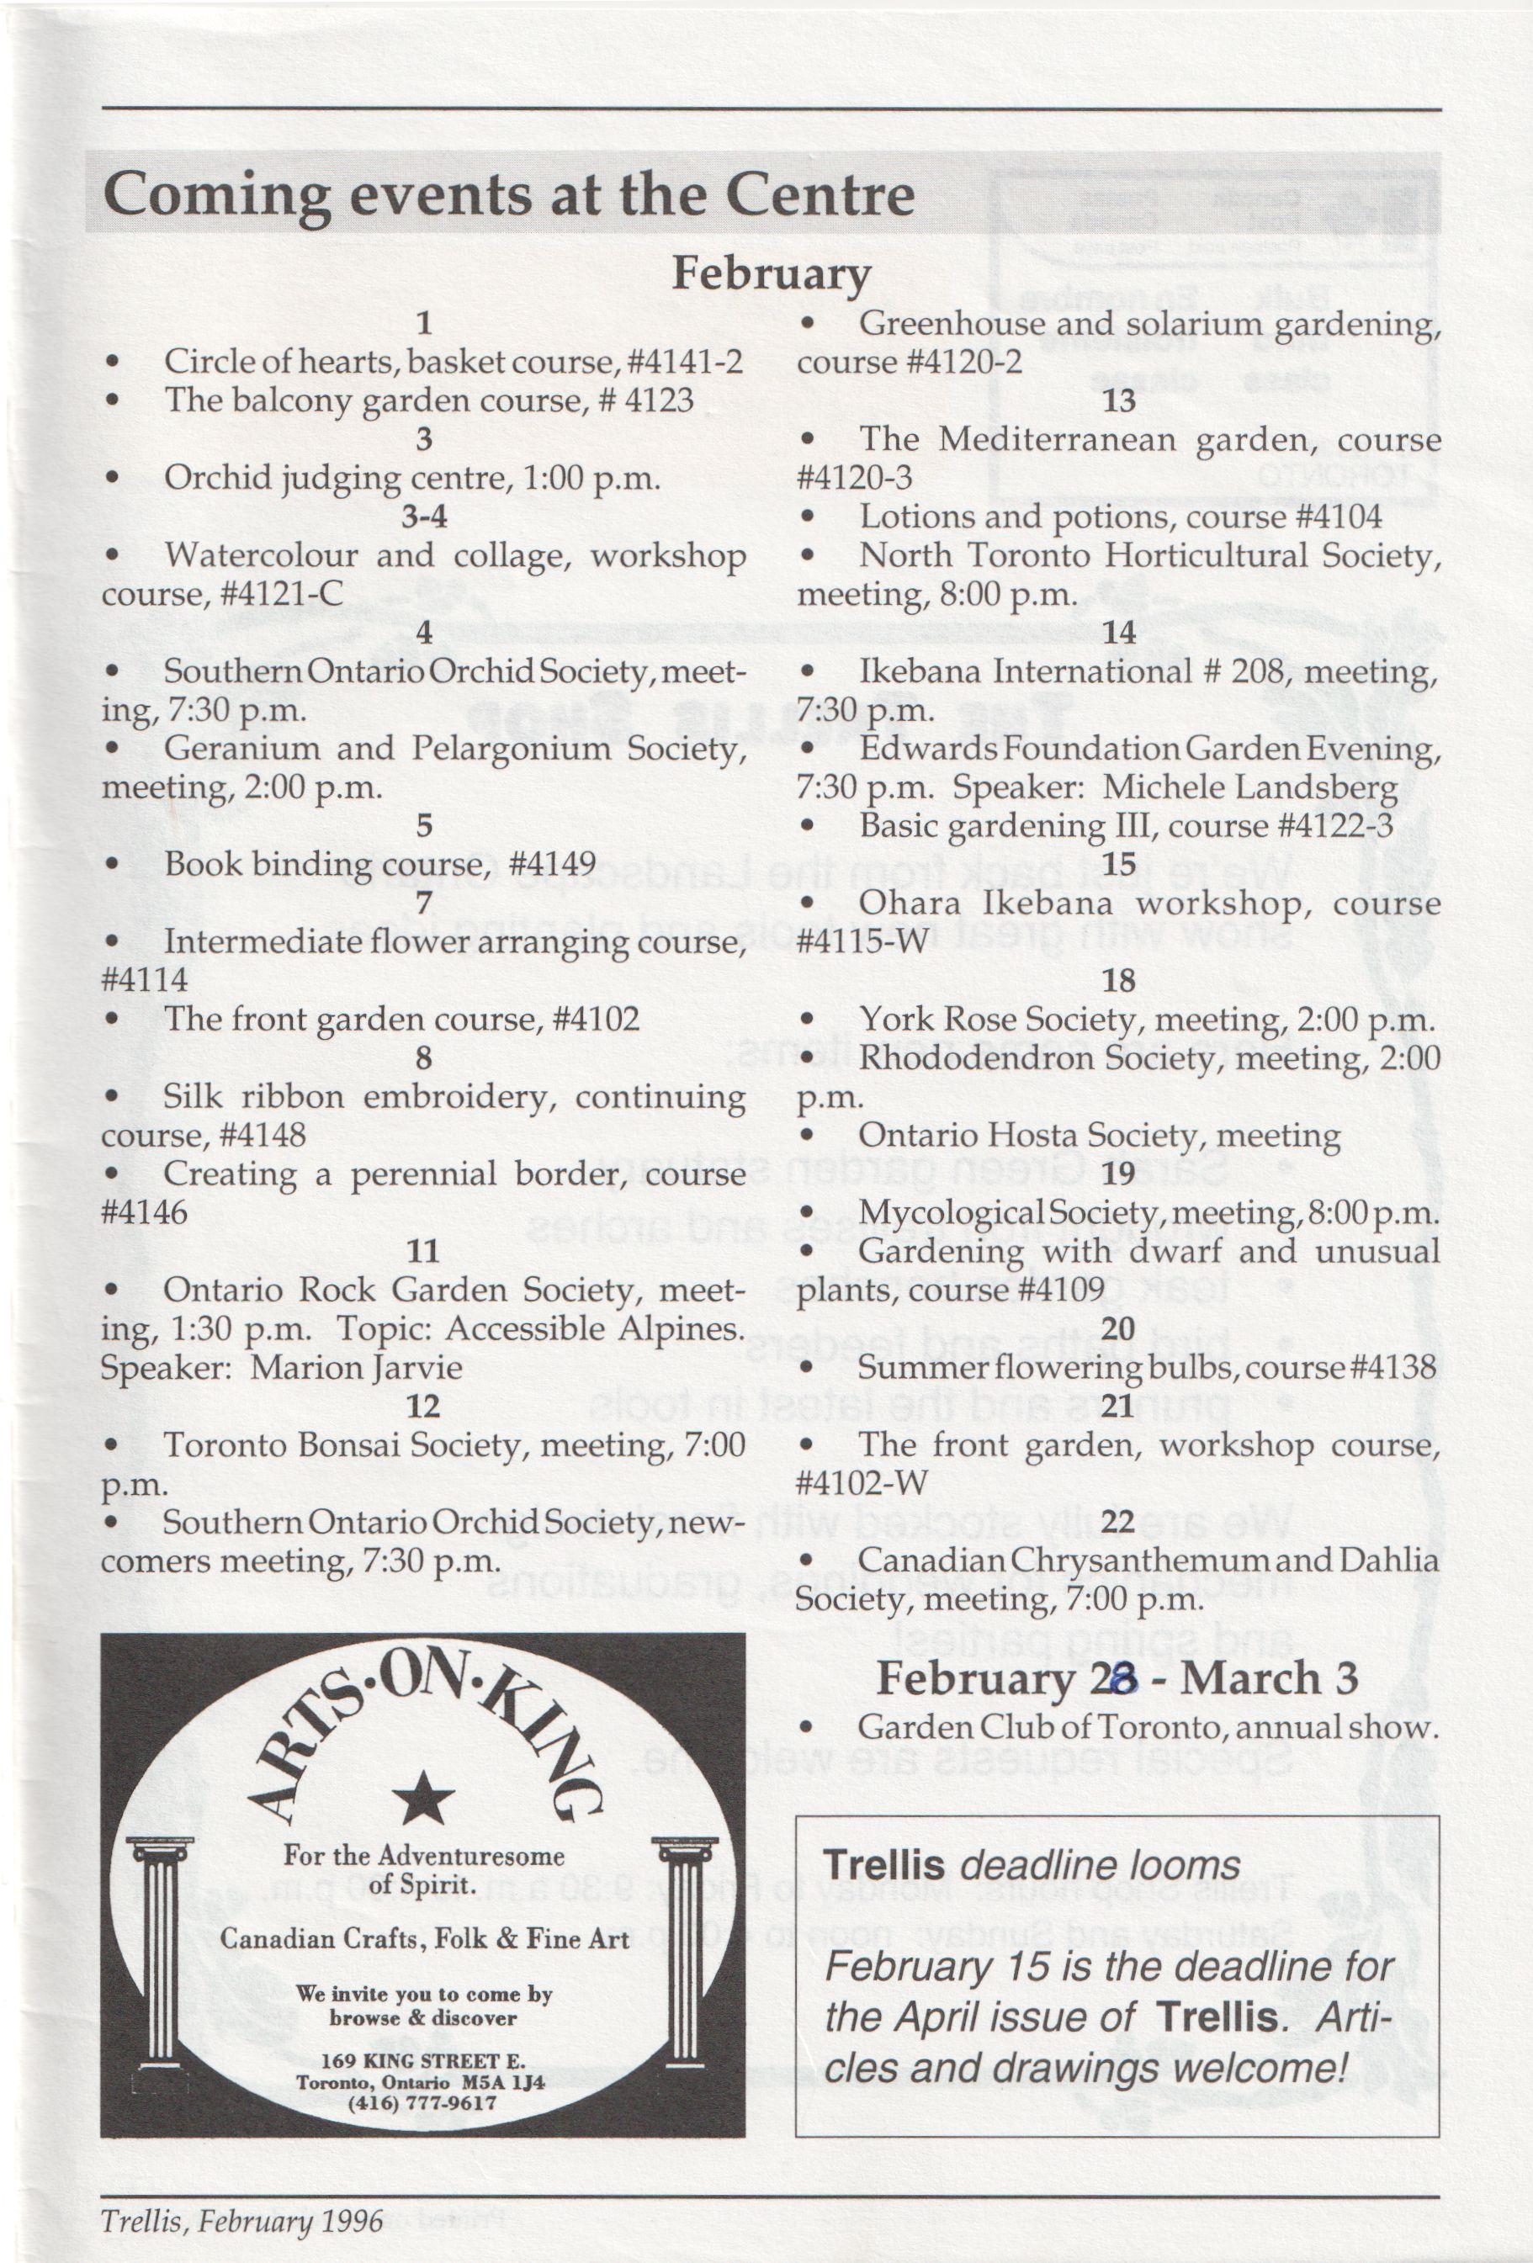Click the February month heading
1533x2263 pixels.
coord(771,276)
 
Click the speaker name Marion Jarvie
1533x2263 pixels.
coord(356,1368)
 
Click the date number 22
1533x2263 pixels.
coord(1118,1521)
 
